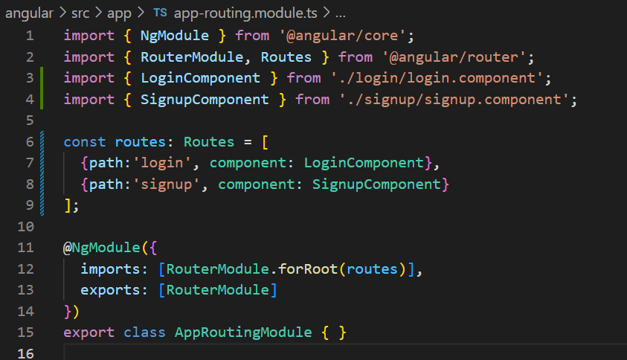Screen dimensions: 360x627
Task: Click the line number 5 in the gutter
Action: (29, 120)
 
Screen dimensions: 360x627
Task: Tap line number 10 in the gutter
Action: (25, 226)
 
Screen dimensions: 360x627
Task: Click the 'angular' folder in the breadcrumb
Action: (28, 13)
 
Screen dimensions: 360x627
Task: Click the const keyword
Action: (85, 141)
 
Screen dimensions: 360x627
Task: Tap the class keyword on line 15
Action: (145, 332)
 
